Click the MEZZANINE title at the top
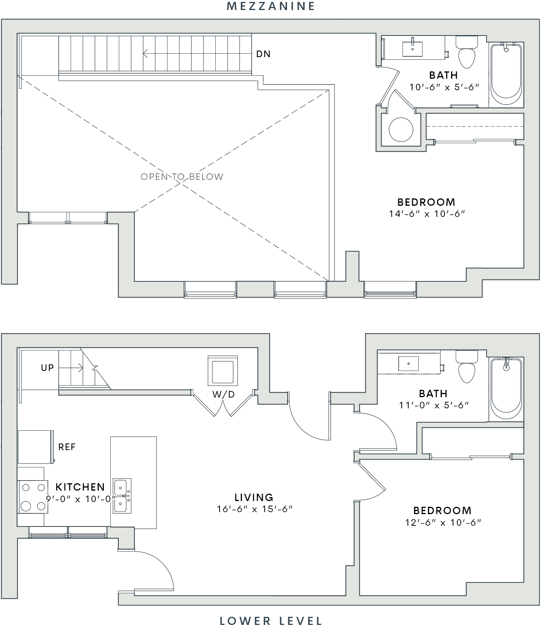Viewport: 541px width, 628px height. [271, 6]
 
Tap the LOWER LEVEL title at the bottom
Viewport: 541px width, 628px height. [271, 621]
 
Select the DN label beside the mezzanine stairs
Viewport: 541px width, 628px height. [264, 54]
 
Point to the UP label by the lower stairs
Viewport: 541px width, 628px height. [47, 368]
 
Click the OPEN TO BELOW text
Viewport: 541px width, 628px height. [182, 177]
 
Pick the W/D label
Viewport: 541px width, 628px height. [223, 394]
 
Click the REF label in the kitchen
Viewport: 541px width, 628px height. [67, 447]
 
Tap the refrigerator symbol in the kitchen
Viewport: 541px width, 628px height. [35, 447]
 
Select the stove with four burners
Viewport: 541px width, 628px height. [33, 497]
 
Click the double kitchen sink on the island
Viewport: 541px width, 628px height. [122, 496]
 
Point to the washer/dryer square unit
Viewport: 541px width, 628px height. [223, 371]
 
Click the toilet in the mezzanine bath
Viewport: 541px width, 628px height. [467, 52]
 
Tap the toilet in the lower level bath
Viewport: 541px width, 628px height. [467, 366]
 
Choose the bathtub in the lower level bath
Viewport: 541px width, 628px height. [506, 389]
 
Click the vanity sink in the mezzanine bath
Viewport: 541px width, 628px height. [413, 48]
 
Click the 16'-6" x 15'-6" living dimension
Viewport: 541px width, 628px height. [255, 509]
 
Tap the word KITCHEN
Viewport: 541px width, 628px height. [80, 487]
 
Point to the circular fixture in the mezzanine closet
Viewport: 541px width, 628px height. [401, 129]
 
